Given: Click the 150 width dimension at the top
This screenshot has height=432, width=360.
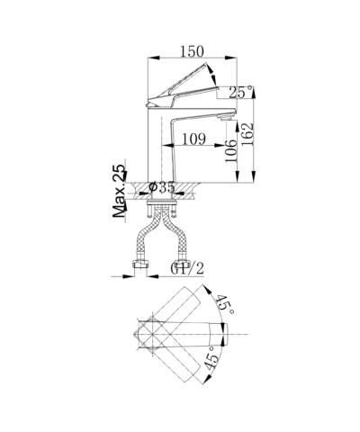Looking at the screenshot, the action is [x=192, y=51].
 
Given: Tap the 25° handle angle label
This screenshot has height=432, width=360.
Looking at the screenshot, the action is [x=241, y=92].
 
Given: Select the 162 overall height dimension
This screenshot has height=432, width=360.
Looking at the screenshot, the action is [x=247, y=134].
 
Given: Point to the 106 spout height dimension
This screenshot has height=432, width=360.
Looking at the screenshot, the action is [x=231, y=151].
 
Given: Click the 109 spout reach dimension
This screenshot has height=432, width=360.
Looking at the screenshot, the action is [x=194, y=139].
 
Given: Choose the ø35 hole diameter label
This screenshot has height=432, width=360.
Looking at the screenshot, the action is [x=162, y=187].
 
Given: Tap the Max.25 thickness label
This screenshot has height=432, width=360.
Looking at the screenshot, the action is [x=119, y=191].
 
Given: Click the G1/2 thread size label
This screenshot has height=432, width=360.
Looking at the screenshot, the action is [x=187, y=268].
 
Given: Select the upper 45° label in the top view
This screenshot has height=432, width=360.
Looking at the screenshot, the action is [x=225, y=304].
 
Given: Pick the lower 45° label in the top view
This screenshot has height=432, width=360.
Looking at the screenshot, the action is [x=211, y=357].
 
